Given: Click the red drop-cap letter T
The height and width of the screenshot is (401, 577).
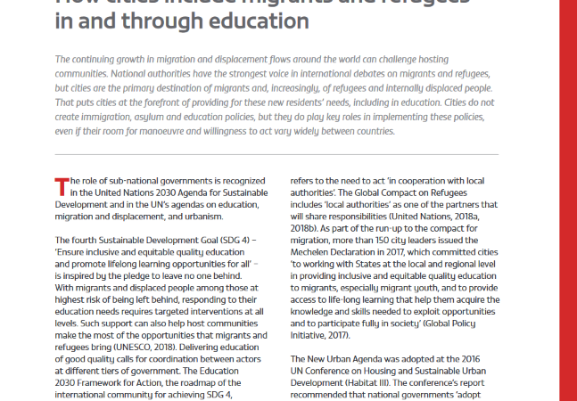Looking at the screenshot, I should (61, 186).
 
